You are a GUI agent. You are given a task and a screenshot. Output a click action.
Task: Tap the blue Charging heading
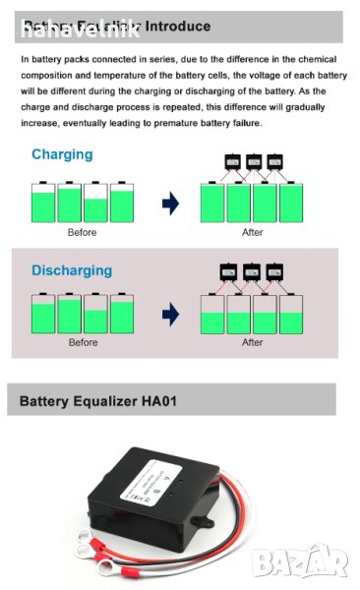pos(62,154)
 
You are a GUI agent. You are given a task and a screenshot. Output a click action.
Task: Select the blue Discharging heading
pos(72,270)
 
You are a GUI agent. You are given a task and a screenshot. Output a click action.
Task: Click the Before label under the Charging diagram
pos(82,233)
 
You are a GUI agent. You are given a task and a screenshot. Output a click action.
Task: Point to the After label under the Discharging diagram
pos(252,342)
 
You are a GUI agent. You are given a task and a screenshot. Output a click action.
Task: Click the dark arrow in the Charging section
pos(170,203)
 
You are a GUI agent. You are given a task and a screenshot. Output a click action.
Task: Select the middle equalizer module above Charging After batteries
pos(253,161)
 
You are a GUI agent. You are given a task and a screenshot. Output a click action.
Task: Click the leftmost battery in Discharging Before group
pos(42,316)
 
